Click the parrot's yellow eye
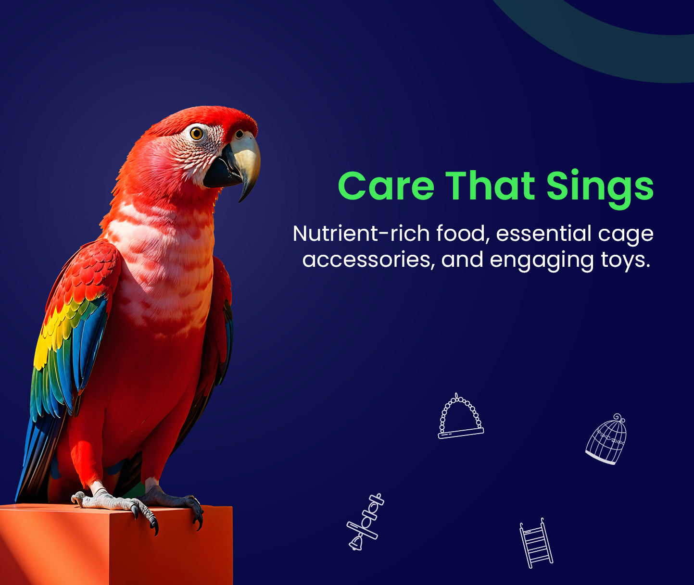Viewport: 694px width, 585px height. [196, 134]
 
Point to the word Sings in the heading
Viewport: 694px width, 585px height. [600, 189]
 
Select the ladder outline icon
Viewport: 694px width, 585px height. [536, 543]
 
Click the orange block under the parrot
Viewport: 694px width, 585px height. [116, 545]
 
